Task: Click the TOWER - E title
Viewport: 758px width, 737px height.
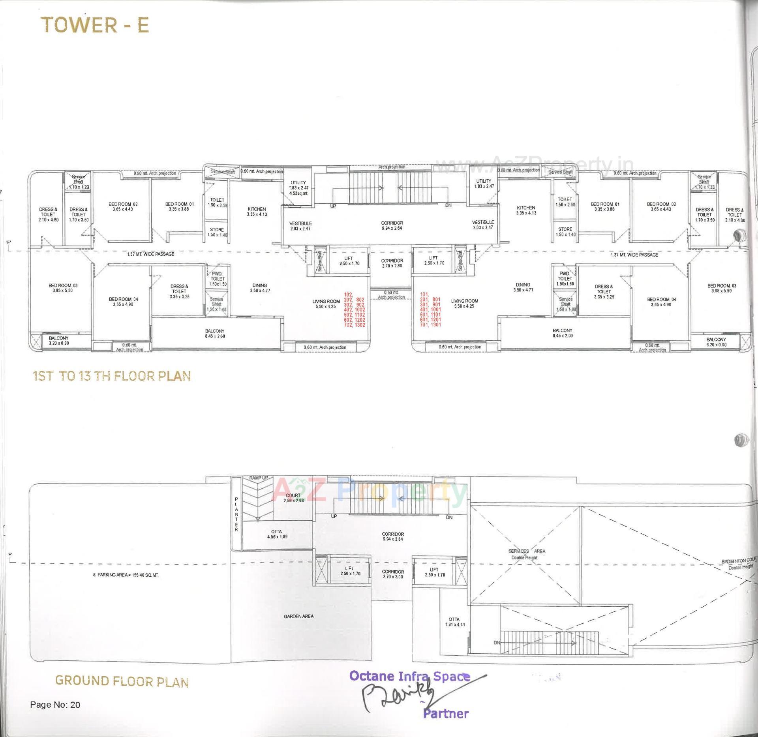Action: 95,25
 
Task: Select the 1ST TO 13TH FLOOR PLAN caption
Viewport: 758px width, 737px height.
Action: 112,376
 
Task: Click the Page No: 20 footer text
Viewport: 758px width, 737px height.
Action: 55,705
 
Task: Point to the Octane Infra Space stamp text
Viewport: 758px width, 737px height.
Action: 409,676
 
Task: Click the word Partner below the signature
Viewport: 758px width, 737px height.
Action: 446,714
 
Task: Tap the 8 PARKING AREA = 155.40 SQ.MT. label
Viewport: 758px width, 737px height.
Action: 126,575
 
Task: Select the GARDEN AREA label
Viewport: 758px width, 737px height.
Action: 298,616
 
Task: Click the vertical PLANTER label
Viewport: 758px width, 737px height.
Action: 236,514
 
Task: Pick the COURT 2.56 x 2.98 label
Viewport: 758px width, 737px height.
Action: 293,498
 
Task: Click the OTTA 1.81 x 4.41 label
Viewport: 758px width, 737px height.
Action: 454,622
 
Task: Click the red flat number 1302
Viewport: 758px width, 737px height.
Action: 360,325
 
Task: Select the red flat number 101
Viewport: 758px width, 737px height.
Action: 424,294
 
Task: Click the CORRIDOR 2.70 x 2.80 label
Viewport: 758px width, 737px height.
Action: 392,263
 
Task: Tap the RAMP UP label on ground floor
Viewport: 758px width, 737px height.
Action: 258,478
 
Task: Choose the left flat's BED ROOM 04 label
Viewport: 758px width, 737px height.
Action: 124,302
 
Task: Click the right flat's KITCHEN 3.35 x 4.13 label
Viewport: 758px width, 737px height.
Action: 526,210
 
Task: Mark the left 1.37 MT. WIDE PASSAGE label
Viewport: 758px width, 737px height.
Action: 150,254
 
